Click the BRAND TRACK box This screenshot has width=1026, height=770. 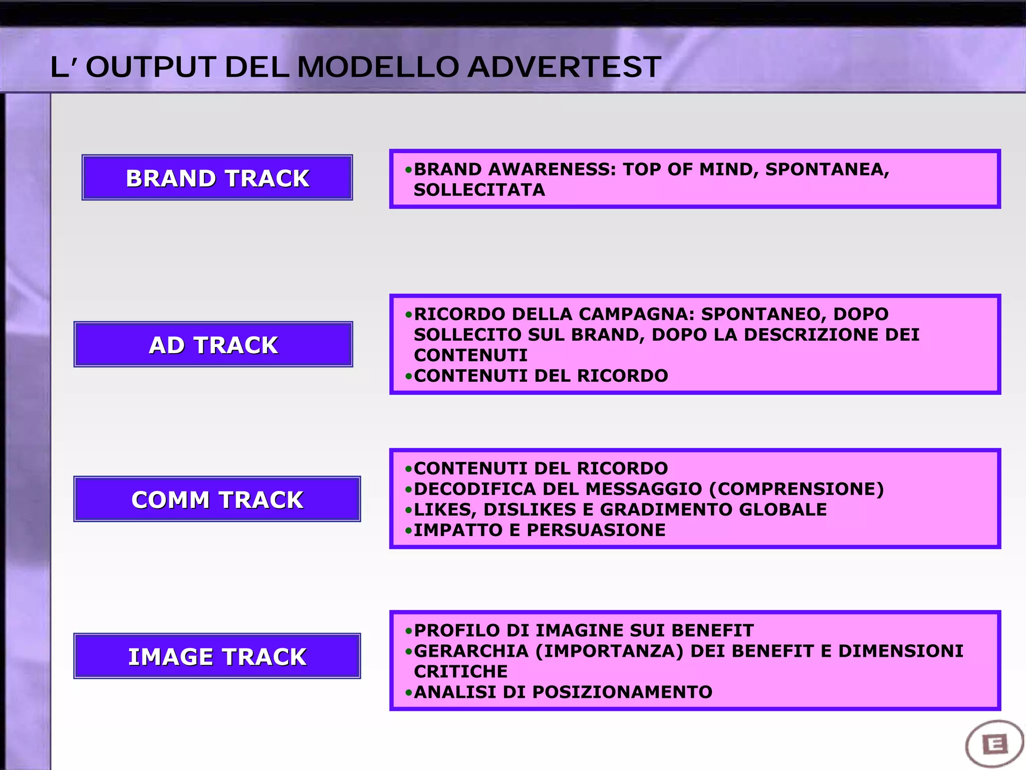217,178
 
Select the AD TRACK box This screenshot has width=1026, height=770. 213,345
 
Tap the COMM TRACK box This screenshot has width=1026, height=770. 217,499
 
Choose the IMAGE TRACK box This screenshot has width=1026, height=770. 217,656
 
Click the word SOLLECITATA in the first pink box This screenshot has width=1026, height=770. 479,190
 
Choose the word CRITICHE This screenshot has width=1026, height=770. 460,671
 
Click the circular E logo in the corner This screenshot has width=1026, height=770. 994,744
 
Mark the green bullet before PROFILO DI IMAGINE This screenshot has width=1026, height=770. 409,631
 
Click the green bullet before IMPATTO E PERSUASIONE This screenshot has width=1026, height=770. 409,531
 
